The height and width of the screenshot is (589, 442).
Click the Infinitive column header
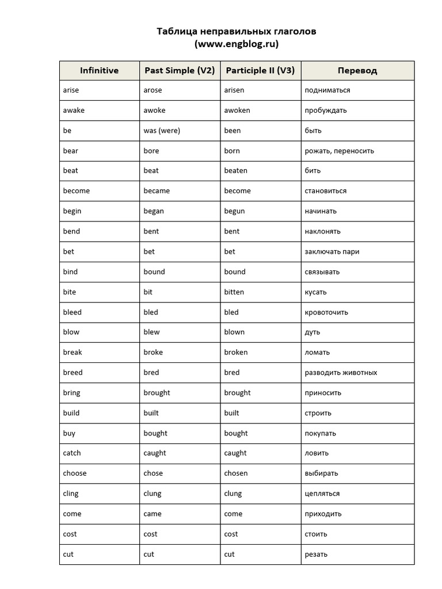[99, 71]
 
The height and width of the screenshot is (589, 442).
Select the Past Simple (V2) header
[180, 71]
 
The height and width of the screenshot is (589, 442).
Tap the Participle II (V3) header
[260, 71]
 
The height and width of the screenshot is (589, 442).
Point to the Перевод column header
[357, 71]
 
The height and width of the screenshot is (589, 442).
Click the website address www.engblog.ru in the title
[237, 44]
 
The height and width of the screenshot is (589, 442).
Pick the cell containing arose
[153, 90]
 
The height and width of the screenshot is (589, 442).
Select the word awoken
[237, 110]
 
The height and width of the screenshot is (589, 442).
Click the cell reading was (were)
[162, 131]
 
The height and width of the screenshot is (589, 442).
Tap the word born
[232, 151]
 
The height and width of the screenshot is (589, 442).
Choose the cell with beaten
[235, 171]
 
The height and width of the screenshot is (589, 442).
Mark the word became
[157, 191]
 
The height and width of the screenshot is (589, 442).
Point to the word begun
[234, 211]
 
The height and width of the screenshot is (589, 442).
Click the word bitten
[234, 292]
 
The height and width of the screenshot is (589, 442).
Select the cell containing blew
[152, 332]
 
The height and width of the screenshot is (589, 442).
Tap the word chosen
[236, 473]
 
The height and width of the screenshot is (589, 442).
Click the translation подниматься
[327, 90]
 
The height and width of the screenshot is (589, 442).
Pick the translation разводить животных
[341, 373]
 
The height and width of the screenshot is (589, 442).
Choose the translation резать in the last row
[316, 554]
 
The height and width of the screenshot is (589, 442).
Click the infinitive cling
[71, 494]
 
